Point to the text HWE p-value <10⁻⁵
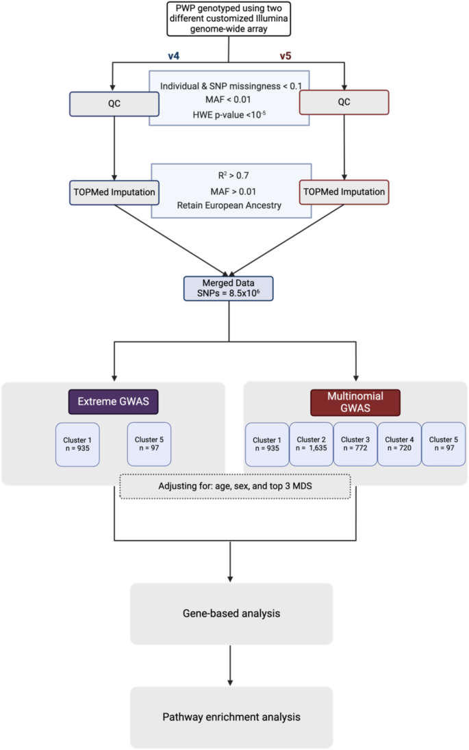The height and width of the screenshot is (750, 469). coord(230,112)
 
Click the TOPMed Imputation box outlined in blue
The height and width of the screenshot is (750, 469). coord(114,192)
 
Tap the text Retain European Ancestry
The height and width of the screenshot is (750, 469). coord(230,203)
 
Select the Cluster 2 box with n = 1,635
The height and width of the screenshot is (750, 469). coord(311,445)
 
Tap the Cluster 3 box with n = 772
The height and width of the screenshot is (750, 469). coord(355,445)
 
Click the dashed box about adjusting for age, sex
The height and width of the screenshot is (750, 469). coord(235,486)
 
